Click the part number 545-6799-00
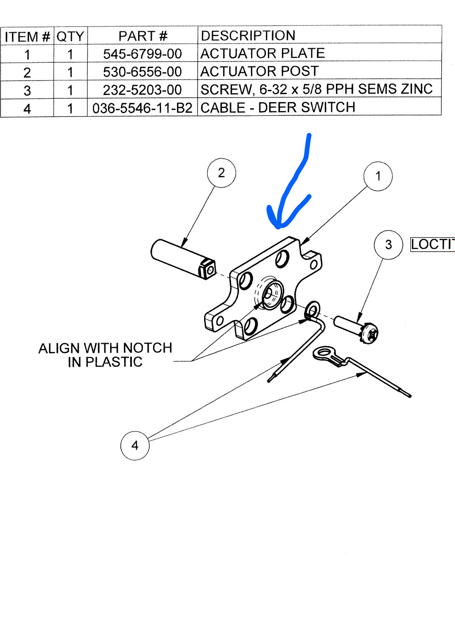[142, 54]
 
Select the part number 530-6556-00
[142, 72]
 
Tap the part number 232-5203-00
[142, 90]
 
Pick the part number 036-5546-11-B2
[142, 108]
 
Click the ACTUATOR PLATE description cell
[262, 53]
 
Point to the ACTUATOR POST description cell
[259, 71]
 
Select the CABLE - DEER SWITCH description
[278, 107]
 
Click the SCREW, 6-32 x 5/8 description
[316, 89]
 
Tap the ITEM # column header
[27, 36]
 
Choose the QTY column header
[70, 36]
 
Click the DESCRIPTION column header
[248, 35]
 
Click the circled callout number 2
[221, 173]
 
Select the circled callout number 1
[378, 176]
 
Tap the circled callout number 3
[388, 245]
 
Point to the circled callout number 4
[135, 446]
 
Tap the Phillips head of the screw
[370, 334]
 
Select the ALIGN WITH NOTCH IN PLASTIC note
[105, 355]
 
